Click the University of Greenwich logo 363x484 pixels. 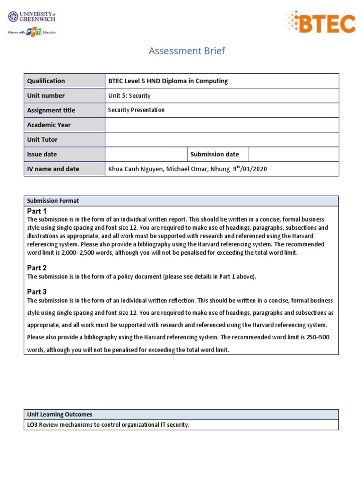coord(32,22)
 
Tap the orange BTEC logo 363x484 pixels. coord(320,22)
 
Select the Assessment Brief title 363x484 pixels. coord(187,51)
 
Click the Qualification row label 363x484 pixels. coord(46,81)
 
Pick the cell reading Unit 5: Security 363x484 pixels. coord(129,95)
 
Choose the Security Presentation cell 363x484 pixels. coord(136,110)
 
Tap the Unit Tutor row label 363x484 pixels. coord(43,139)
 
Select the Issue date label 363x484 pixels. coord(42,154)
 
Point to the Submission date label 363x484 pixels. coord(214,154)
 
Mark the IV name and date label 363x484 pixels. coord(53,169)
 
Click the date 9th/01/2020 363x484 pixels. coord(250,169)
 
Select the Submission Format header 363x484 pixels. coord(53,201)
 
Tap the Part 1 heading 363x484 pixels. coord(37,211)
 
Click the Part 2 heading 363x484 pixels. coord(37,268)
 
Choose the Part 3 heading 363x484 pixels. coord(37,292)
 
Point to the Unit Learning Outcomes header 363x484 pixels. coord(60,415)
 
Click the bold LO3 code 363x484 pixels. coord(32,425)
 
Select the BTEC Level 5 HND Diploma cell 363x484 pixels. coord(168,81)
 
